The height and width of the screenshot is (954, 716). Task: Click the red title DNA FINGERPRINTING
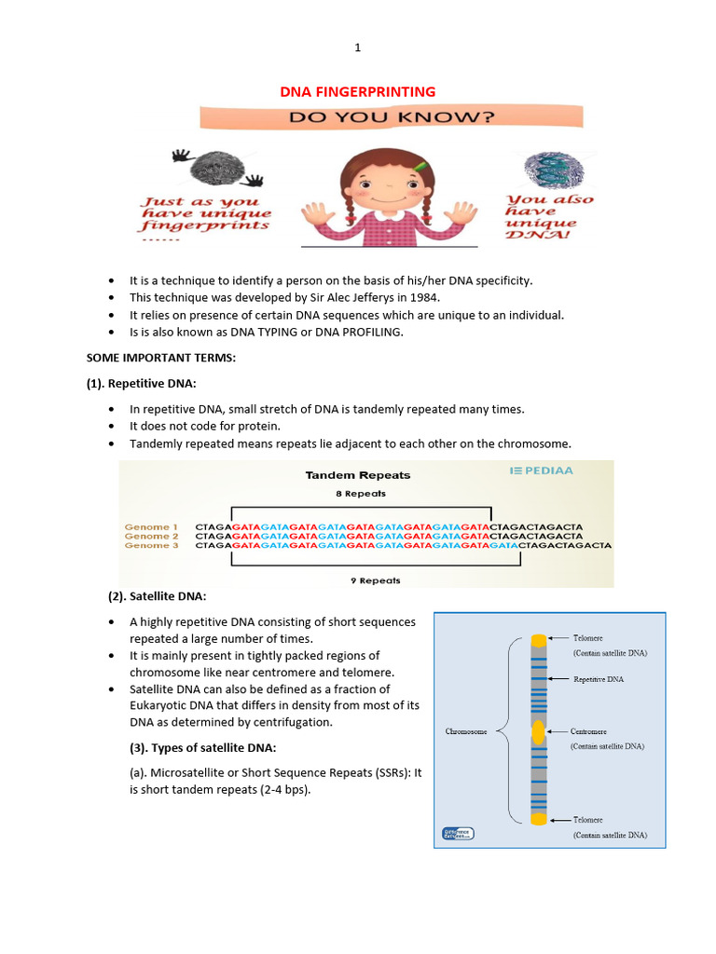click(358, 91)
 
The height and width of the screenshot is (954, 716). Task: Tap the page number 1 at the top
click(357, 48)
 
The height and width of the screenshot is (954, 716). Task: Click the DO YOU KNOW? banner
click(391, 117)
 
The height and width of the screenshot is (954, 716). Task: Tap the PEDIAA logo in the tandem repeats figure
click(542, 470)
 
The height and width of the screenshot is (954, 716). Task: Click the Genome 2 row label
click(151, 537)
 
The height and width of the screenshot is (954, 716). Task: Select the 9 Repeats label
click(376, 580)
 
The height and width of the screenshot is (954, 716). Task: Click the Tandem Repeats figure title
click(358, 475)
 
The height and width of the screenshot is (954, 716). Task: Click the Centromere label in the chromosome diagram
click(592, 731)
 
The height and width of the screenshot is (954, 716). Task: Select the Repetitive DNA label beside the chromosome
click(599, 679)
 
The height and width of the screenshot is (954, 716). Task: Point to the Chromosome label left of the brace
click(465, 732)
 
